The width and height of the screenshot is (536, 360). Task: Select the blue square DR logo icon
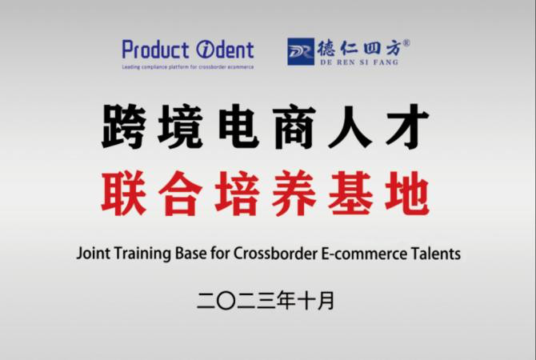pyautogui.click(x=301, y=52)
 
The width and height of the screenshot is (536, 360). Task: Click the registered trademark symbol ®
pyautogui.click(x=406, y=43)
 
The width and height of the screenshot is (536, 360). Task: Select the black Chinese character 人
pyautogui.click(x=350, y=126)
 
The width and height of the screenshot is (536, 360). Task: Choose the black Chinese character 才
pyautogui.click(x=407, y=126)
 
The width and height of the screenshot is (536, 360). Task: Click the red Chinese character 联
pyautogui.click(x=124, y=193)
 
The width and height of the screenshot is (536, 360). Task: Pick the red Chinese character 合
pyautogui.click(x=180, y=193)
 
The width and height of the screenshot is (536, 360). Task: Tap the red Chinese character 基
pyautogui.click(x=350, y=193)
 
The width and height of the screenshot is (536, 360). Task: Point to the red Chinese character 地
pyautogui.click(x=406, y=193)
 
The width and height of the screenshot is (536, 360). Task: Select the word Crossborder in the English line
pyautogui.click(x=275, y=254)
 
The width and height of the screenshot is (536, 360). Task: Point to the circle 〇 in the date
pyautogui.click(x=226, y=301)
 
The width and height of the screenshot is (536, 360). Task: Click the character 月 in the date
pyautogui.click(x=325, y=301)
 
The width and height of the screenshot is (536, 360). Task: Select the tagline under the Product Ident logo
pyautogui.click(x=188, y=67)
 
